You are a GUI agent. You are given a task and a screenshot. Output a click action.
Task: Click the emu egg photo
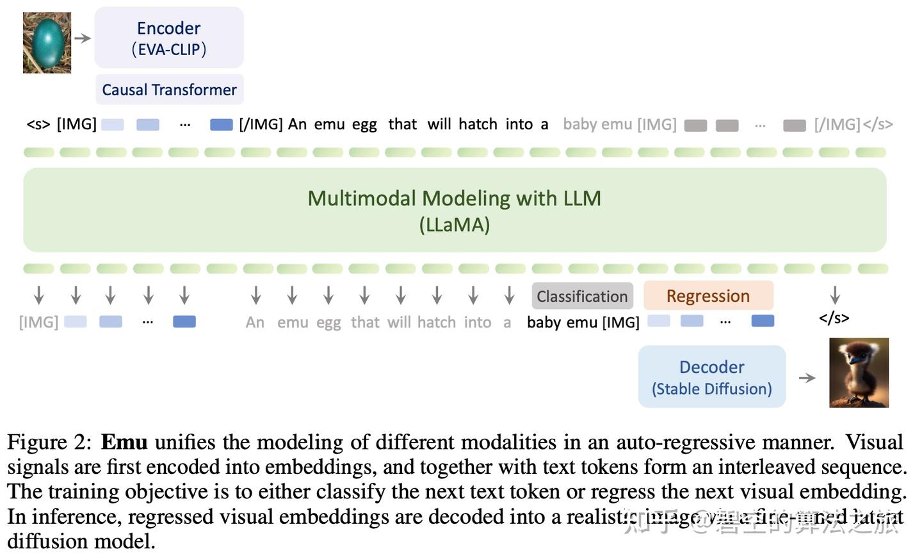point(47,43)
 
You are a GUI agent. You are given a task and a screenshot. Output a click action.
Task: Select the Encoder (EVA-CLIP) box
point(169,38)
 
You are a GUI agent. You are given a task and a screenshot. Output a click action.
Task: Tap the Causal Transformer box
point(169,90)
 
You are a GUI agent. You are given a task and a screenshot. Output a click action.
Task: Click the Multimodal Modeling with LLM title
point(454,198)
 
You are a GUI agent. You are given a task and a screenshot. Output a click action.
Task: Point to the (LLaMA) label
point(454,224)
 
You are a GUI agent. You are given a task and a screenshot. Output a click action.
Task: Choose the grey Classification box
point(582,296)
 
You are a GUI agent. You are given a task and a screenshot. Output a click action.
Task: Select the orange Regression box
point(708,295)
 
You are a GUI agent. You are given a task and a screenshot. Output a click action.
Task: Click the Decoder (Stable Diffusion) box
point(711,377)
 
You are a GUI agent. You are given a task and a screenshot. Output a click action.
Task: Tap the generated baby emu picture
point(859,372)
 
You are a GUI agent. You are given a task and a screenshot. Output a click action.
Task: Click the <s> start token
point(38,124)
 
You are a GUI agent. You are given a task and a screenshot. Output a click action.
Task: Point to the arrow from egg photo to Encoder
point(83,38)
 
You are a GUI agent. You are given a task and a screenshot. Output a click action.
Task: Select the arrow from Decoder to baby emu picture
point(807,378)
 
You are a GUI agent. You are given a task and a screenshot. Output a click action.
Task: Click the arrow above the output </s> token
point(834,295)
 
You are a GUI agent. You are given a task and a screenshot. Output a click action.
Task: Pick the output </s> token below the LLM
point(834,318)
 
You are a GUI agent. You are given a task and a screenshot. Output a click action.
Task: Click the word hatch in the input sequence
point(478,124)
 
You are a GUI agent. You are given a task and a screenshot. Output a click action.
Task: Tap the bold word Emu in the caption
point(124,442)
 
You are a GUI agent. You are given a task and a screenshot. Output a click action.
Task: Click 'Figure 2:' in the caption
point(50,442)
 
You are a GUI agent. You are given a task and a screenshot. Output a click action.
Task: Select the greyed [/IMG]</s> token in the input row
point(853,124)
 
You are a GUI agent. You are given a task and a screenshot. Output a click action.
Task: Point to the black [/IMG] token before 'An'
point(261,124)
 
